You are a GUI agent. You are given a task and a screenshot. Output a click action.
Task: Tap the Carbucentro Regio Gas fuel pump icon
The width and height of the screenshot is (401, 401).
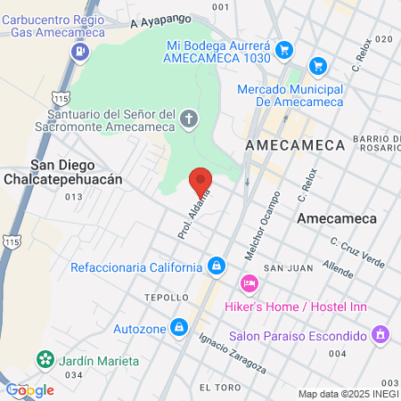click(80, 51)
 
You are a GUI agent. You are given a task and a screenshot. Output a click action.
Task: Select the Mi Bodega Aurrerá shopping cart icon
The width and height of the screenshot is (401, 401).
click(284, 49)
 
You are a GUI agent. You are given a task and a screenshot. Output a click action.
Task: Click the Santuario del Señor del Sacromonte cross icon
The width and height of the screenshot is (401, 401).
click(189, 118)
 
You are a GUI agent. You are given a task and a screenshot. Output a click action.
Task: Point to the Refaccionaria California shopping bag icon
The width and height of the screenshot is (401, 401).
click(217, 266)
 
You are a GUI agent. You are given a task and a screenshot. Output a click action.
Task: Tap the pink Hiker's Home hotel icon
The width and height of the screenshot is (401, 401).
click(250, 283)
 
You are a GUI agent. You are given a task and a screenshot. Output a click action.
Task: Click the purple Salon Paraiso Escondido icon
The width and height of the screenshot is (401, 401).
click(381, 335)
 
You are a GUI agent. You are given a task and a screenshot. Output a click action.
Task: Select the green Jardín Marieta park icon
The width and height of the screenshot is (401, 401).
click(44, 360)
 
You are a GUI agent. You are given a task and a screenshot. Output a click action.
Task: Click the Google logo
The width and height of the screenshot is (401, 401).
click(29, 389)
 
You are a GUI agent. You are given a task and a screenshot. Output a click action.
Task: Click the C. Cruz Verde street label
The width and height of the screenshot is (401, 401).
click(356, 252)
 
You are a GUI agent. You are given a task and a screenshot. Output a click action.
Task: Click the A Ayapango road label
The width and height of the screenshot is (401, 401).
click(160, 20)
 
